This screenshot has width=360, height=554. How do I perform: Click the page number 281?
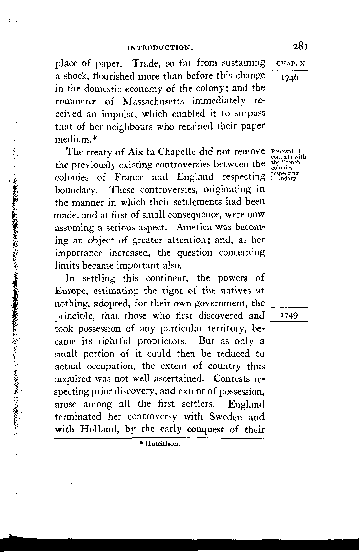(300, 46)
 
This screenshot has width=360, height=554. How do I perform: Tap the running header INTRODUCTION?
(160, 48)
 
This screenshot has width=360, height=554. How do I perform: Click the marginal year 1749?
(289, 316)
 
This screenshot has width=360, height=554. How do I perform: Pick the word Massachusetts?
(154, 101)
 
